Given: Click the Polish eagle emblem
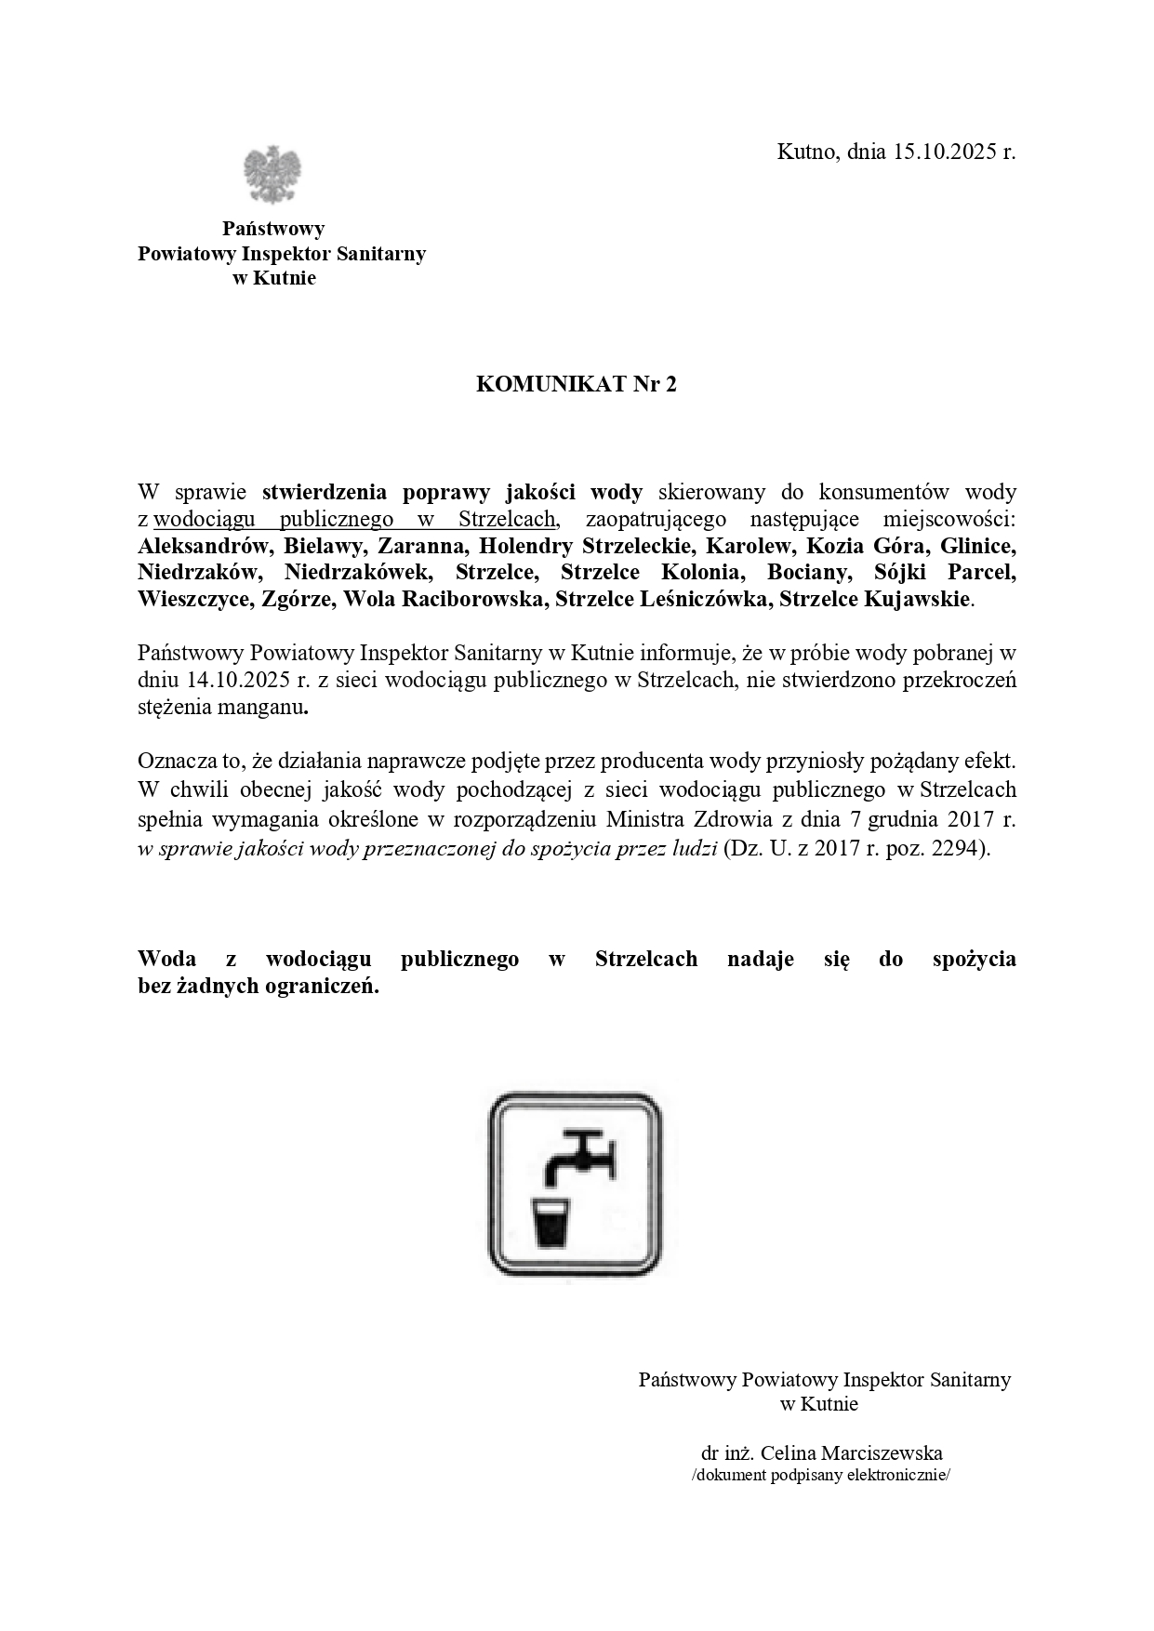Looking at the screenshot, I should point(272,174).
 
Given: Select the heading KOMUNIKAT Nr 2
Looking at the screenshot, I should point(577,384).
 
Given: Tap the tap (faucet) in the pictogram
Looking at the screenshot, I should point(580,1158).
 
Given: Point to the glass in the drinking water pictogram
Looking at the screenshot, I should point(551,1223).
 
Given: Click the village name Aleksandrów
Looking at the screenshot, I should point(196,545).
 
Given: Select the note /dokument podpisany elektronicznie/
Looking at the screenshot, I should point(821,1476).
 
